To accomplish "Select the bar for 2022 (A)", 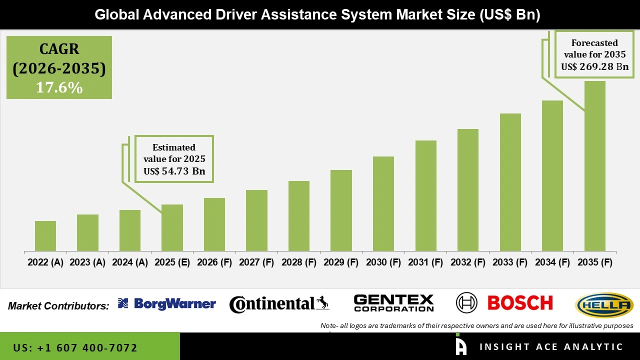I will point(45,236).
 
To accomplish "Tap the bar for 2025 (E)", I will point(172,227).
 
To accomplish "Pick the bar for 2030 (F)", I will point(383,203).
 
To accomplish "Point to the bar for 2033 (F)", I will point(510,182).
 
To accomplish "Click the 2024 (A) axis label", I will point(130,262).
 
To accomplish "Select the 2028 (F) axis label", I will point(299,262).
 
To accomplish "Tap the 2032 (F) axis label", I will point(468,262).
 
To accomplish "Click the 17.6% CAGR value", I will point(59,87).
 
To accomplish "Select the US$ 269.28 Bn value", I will point(594,67).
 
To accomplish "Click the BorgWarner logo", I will point(167,303).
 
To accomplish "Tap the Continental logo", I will point(279,304).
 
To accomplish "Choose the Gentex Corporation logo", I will point(393,303).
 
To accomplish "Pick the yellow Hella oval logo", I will point(604,305).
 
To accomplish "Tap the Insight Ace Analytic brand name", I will point(551,347).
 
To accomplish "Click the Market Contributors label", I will point(58,305).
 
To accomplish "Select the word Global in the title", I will point(117,15).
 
